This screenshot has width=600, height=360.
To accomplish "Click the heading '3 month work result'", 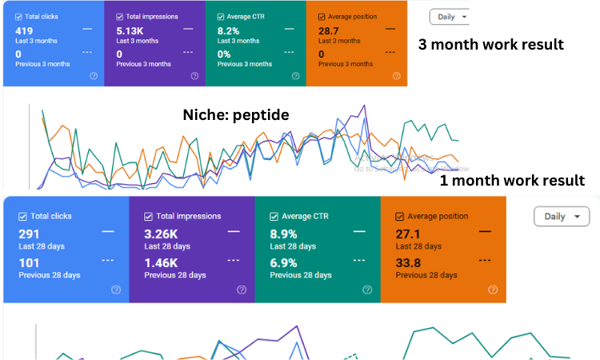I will coord(491,45).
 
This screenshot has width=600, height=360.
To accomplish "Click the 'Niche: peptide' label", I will coord(237,115).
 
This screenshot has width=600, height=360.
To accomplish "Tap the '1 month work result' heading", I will coord(512,181).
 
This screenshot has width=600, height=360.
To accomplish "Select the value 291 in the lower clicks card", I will coord(30,234).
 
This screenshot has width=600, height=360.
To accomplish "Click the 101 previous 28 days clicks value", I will coord(29,262).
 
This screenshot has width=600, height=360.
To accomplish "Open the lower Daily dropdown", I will coord(562,216).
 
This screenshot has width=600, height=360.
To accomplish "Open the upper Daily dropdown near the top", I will coord(449,16).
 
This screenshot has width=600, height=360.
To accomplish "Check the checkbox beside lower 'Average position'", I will coord(400,216).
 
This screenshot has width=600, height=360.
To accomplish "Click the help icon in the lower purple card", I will coord(242,290).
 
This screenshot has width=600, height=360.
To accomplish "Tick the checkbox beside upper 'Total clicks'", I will coord(18,16).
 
